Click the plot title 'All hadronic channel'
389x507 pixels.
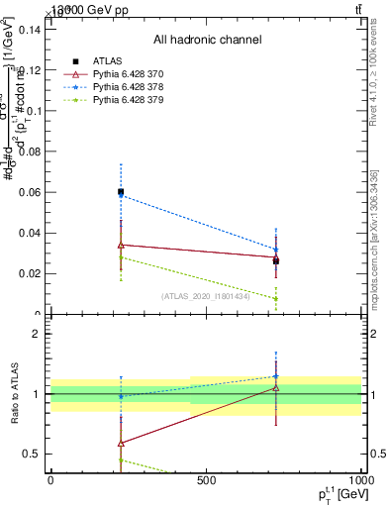click(x=207, y=40)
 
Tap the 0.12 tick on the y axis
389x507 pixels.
click(x=30, y=70)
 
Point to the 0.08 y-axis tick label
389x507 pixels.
click(x=30, y=152)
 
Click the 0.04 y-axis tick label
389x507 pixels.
click(x=30, y=234)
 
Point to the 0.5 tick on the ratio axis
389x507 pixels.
click(x=33, y=454)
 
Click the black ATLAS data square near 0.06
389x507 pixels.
click(x=121, y=192)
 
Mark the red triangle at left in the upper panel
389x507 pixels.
click(x=121, y=245)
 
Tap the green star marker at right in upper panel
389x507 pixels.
click(x=276, y=298)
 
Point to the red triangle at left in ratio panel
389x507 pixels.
click(x=121, y=443)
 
